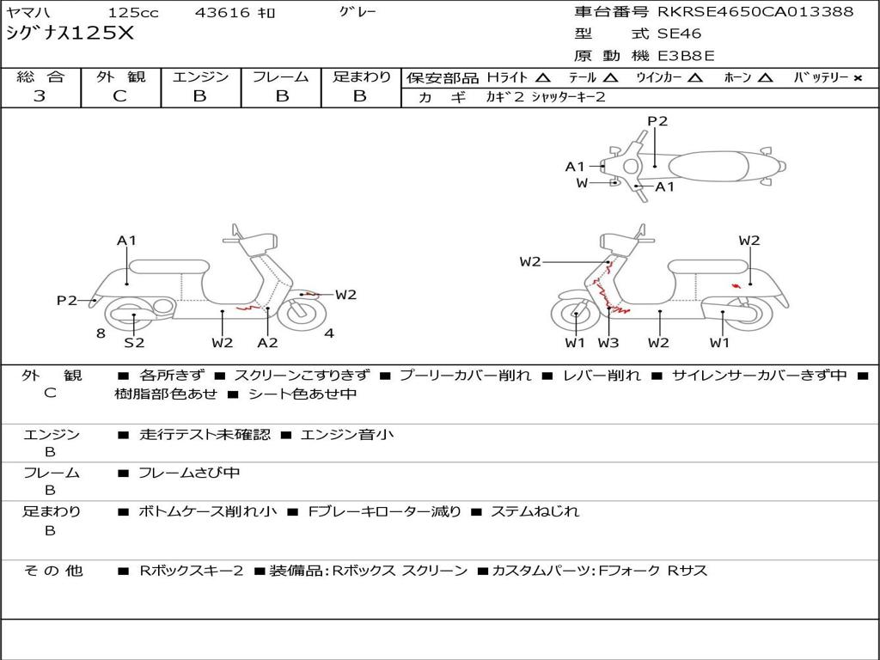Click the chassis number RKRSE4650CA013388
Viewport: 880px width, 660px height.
(755, 12)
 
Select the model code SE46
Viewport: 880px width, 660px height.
(679, 34)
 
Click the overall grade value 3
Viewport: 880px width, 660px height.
(40, 96)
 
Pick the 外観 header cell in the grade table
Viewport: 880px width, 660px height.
(120, 76)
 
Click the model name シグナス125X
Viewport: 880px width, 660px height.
(70, 34)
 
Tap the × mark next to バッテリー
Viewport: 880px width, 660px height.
(858, 78)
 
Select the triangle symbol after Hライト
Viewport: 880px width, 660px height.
(542, 77)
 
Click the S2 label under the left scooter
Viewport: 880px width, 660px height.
(134, 342)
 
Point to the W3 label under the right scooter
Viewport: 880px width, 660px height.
(608, 343)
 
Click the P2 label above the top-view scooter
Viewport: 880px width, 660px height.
(657, 121)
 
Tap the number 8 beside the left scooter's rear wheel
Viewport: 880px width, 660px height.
(101, 333)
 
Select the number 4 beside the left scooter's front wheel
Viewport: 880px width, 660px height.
(329, 333)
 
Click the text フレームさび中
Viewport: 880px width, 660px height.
(189, 474)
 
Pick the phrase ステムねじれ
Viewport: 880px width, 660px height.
(535, 512)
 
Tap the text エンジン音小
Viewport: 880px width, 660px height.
(347, 434)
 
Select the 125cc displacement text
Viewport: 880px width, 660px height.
(133, 12)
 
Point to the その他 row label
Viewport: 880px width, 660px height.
(53, 571)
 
